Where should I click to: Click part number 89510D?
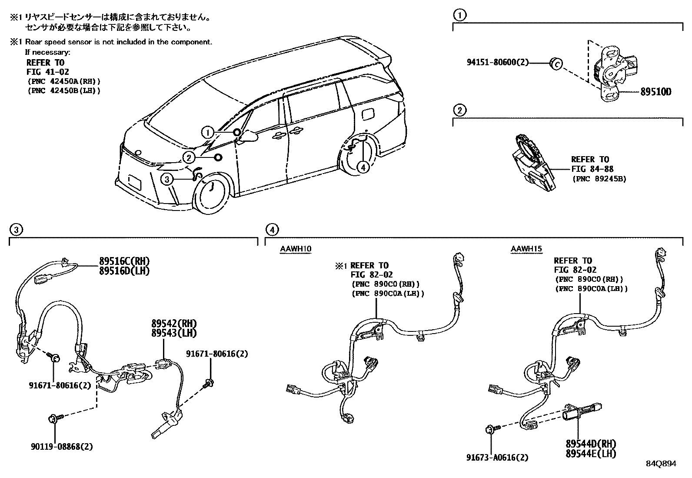(655, 92)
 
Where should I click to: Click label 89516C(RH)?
(124, 261)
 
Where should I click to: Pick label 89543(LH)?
(174, 333)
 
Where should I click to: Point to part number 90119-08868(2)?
(61, 446)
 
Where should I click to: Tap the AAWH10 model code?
(296, 249)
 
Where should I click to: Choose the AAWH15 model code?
(526, 249)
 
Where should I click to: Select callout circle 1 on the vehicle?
(208, 132)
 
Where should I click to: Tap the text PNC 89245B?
(599, 178)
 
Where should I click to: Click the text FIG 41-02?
(47, 72)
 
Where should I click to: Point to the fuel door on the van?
(366, 113)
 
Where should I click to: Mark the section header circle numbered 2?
(459, 110)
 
